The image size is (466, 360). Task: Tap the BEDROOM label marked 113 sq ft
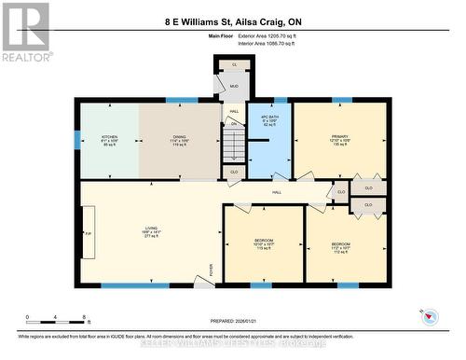pyautogui.click(x=264, y=242)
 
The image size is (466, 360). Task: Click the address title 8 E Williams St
pyautogui.click(x=232, y=21)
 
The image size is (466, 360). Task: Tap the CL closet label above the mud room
pyautogui.click(x=234, y=64)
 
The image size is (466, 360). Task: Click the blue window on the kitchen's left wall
pyautogui.click(x=77, y=138)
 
